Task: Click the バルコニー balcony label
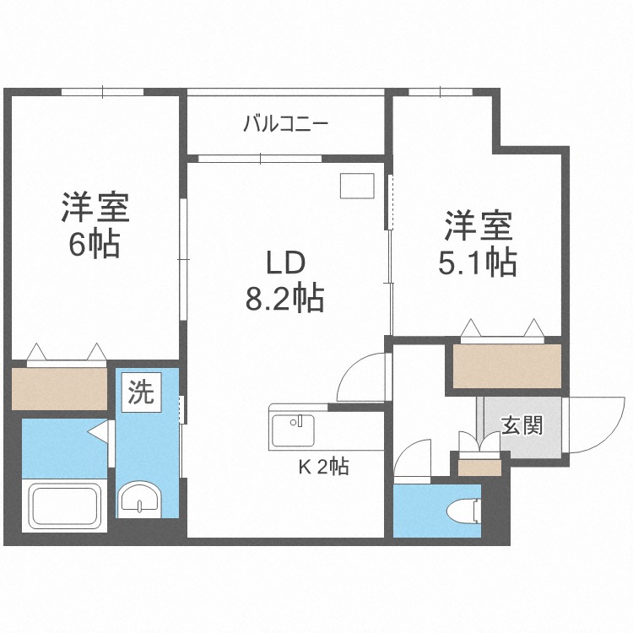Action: [x=286, y=125]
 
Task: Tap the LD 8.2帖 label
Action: [x=285, y=281]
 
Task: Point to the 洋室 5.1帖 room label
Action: [x=478, y=245]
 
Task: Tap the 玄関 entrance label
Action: [x=522, y=425]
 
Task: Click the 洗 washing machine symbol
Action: [x=141, y=392]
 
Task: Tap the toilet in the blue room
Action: [x=462, y=512]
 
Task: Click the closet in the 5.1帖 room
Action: [x=507, y=365]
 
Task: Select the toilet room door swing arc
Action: [x=414, y=463]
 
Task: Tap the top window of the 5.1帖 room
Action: [x=439, y=92]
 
